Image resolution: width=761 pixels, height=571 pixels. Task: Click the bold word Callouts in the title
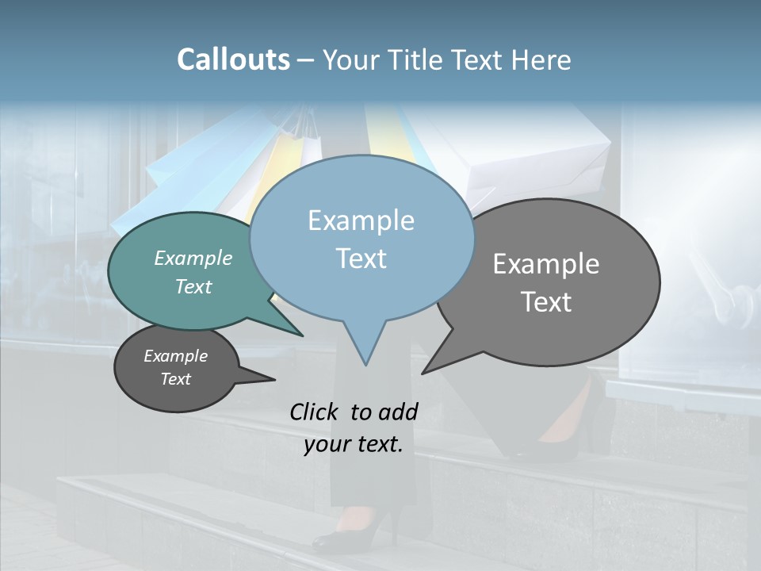233,59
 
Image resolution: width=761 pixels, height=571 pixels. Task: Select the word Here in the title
541,60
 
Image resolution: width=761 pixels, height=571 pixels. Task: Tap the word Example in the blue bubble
361,220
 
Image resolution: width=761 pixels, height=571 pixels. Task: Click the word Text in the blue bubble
361,259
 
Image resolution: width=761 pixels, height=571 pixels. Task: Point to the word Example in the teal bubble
193,258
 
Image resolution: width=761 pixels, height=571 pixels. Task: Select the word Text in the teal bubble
193,286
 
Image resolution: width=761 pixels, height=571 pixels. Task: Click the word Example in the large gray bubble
546,264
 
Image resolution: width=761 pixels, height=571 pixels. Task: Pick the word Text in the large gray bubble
546,302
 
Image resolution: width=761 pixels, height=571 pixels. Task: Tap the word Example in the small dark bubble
175,356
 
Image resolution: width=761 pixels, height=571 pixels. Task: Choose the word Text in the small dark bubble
175,379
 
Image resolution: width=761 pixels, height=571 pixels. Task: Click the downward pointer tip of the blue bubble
365,364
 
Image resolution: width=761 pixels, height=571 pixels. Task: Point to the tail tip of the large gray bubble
423,372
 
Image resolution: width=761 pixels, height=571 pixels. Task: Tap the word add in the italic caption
399,412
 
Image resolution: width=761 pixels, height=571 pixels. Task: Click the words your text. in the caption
354,444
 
